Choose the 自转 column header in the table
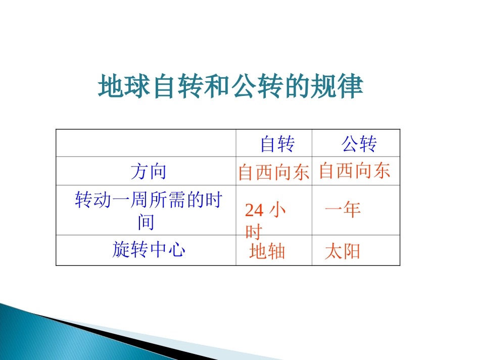tap(277, 145)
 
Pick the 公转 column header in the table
tap(359, 145)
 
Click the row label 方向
tap(148, 172)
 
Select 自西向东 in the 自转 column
tap(273, 173)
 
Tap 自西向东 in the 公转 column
tap(355, 171)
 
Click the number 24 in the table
tap(254, 211)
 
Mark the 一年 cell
tap(343, 210)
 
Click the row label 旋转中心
tap(148, 250)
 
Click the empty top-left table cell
tap(146, 143)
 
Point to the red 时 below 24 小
tap(254, 232)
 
